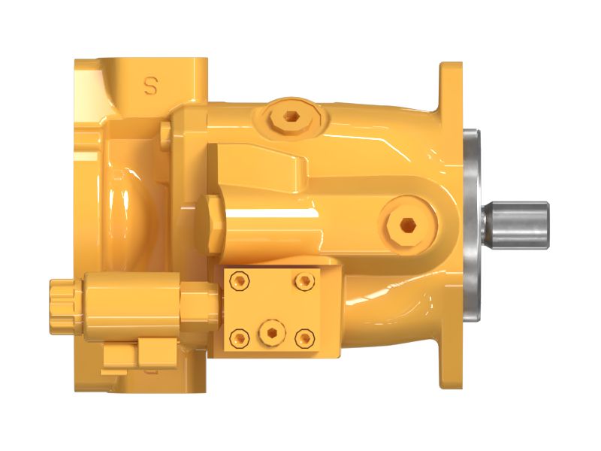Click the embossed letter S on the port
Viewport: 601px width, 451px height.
click(150, 86)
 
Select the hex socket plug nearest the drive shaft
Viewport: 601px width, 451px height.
click(406, 223)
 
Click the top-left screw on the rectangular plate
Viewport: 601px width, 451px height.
click(240, 280)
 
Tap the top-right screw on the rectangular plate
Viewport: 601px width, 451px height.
click(304, 280)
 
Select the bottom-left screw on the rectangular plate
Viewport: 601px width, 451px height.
click(240, 337)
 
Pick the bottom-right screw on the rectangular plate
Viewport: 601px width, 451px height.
click(304, 337)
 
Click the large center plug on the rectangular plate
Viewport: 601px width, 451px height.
click(269, 331)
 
